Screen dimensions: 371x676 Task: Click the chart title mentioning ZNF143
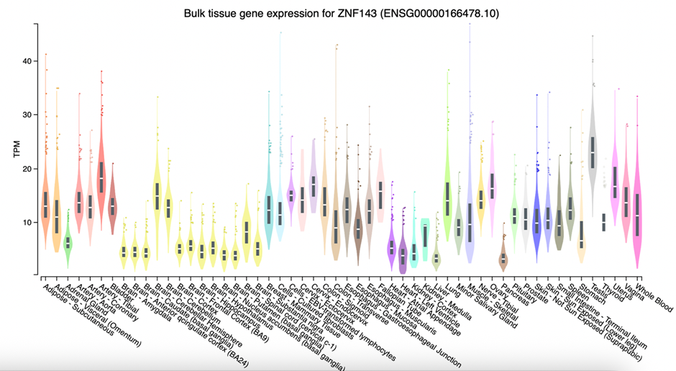pyautogui.click(x=337, y=14)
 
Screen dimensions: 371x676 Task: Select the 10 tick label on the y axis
pyautogui.click(x=27, y=223)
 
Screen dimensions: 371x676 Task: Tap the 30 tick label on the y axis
pyautogui.click(x=27, y=115)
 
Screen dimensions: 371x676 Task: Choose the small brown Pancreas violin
pyautogui.click(x=503, y=255)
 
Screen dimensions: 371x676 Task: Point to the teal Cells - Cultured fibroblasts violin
pyautogui.click(x=268, y=209)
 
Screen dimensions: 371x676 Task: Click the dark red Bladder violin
pyautogui.click(x=112, y=209)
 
